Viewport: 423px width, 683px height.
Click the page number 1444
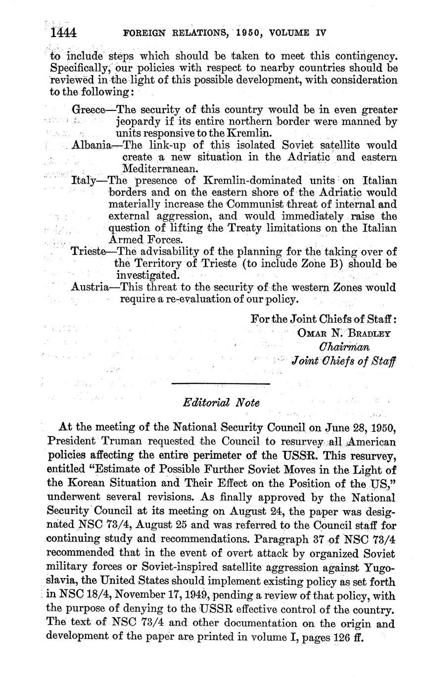(x=63, y=33)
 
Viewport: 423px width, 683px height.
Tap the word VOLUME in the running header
(x=287, y=33)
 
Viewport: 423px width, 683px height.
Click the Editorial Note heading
(x=221, y=403)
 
